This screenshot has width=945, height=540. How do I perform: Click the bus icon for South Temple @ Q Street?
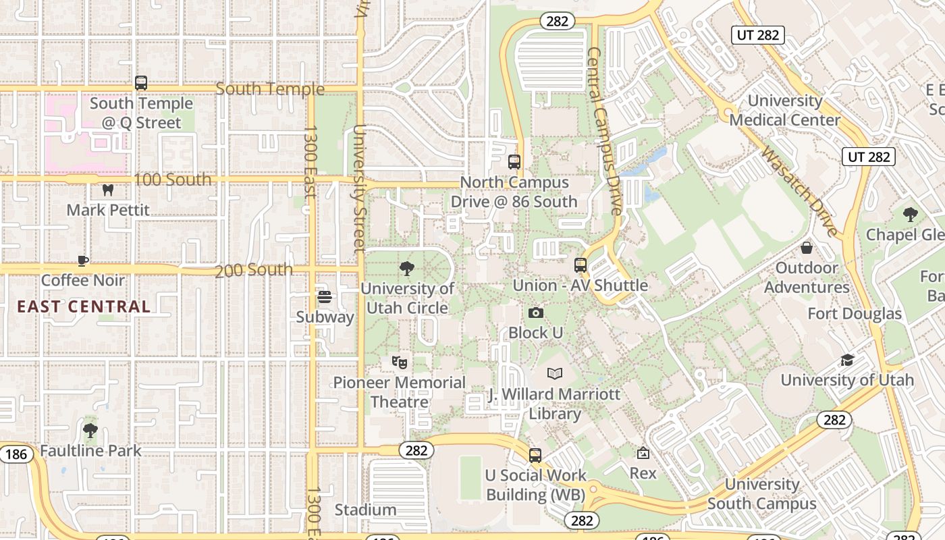(141, 83)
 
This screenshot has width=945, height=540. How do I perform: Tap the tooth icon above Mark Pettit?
(107, 190)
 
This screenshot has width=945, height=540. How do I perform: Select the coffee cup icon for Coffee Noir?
(83, 261)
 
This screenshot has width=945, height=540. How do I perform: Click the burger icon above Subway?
(325, 297)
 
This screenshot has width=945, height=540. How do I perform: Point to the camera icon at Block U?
(536, 313)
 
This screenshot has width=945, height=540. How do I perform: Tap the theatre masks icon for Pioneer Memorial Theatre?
(400, 362)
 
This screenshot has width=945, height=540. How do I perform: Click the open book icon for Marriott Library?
(555, 373)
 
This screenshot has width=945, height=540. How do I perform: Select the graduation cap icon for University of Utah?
(847, 360)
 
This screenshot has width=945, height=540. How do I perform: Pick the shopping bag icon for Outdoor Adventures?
(807, 248)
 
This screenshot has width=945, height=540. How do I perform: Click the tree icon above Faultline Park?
(90, 431)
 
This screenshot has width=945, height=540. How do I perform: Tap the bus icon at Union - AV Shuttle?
(580, 265)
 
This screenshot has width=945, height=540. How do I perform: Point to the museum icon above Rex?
(643, 453)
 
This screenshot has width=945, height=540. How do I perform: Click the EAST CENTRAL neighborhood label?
(84, 306)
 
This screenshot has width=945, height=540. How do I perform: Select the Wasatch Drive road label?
(799, 191)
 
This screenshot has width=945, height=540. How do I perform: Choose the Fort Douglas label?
(855, 314)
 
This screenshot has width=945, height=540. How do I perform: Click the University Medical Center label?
(785, 111)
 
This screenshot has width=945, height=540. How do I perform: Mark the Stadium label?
(365, 510)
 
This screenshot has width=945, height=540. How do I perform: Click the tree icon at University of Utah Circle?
(407, 269)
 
